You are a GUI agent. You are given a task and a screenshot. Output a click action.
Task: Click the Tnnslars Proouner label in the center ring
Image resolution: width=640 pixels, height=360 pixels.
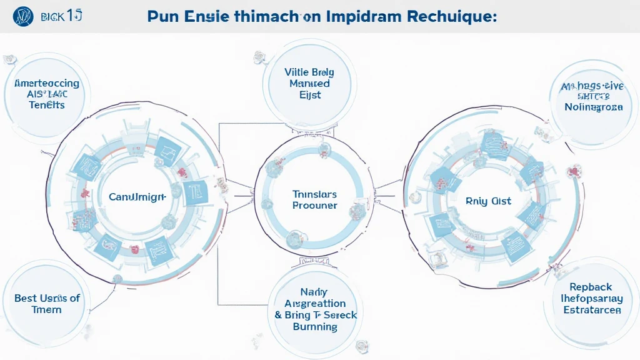314,199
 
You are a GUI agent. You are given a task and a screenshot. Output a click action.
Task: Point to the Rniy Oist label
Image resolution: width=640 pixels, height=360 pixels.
488,201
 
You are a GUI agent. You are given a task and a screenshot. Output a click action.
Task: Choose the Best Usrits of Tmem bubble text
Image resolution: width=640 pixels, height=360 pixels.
47,304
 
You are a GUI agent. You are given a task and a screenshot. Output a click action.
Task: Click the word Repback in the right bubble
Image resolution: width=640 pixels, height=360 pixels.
591,286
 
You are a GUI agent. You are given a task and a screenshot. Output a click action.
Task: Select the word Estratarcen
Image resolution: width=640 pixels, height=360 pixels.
592,309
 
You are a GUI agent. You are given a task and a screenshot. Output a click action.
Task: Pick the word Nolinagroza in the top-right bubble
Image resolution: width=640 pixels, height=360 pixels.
593,107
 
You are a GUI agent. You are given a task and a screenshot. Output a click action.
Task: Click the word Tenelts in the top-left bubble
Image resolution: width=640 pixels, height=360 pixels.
47,105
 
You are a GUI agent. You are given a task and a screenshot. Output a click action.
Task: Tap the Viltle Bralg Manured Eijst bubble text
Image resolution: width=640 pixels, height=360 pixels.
309,84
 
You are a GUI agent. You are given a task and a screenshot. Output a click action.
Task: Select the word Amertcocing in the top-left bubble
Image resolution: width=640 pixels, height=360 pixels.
46,83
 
